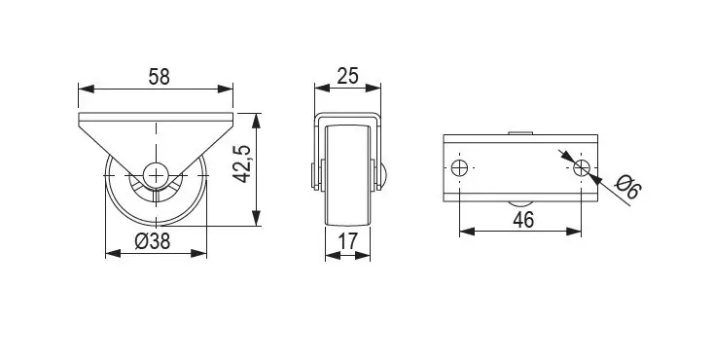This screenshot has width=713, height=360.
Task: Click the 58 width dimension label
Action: [160, 77]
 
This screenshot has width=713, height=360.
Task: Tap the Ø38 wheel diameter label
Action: [153, 240]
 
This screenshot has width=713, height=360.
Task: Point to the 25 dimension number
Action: [348, 76]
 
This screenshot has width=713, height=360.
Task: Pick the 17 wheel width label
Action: [348, 240]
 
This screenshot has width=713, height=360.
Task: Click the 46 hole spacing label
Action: [523, 220]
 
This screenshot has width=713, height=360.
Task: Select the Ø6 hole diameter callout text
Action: [628, 187]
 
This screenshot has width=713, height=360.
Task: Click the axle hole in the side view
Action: [156, 175]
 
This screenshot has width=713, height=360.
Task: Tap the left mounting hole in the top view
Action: [459, 168]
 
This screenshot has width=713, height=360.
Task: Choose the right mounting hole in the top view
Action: [581, 168]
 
